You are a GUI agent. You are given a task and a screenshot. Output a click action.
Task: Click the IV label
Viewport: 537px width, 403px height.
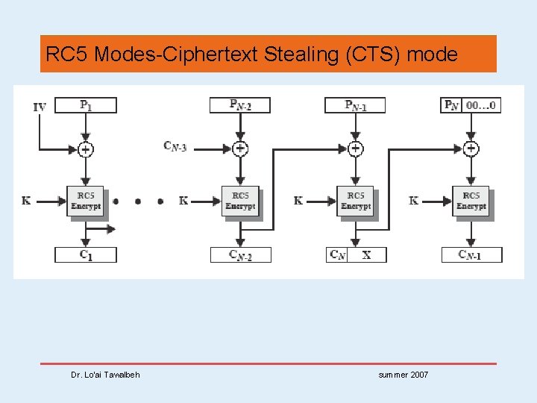coord(40,107)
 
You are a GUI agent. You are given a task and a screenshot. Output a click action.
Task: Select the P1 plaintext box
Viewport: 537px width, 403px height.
coord(86,105)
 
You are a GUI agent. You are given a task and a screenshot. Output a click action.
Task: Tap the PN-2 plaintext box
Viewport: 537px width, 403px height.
coord(240,105)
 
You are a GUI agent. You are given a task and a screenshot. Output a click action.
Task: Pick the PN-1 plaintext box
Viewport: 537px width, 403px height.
coord(355,105)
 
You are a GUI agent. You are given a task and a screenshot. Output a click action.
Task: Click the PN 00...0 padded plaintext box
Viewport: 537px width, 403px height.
coord(471,105)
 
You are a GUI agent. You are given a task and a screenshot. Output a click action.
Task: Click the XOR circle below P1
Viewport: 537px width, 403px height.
coord(86,149)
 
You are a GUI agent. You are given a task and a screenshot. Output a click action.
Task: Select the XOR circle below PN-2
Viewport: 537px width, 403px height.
coord(240,149)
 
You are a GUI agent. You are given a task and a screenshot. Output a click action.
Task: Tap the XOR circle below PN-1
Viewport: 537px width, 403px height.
coord(355,149)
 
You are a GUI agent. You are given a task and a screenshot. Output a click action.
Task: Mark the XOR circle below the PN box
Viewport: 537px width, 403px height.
coord(471,149)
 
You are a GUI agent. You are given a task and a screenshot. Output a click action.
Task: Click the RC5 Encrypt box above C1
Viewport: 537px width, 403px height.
coord(86,201)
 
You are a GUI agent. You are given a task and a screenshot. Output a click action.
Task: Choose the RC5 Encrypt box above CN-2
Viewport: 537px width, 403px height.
coord(240,201)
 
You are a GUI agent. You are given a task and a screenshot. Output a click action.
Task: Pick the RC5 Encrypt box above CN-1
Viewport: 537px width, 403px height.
coord(471,201)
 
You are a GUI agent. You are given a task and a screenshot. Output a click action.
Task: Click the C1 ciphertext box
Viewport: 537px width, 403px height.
coord(86,254)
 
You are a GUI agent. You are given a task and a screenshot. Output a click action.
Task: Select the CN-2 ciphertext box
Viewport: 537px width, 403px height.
coord(240,254)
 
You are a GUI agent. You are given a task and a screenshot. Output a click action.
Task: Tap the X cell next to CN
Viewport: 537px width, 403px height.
coord(367,254)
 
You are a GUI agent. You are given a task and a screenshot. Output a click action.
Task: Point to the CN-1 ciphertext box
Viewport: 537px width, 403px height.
coord(471,254)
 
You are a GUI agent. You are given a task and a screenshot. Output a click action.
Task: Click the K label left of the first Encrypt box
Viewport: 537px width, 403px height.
coord(26,201)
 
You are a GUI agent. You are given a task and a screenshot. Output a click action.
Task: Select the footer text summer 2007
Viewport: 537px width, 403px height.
coord(403,375)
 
